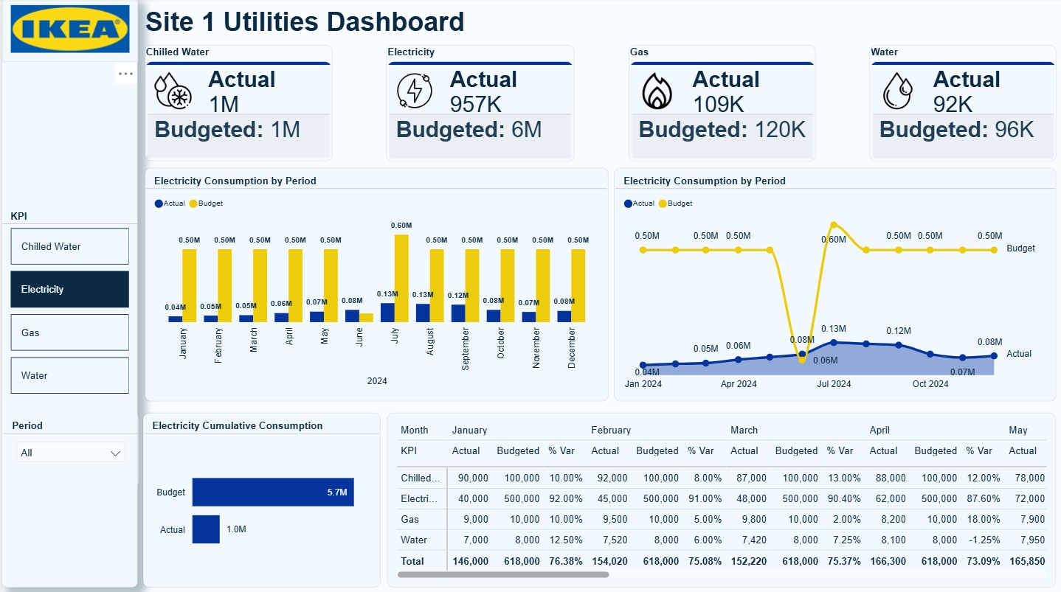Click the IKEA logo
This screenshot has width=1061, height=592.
pyautogui.click(x=70, y=29)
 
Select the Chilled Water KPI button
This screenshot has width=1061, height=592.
pyautogui.click(x=69, y=246)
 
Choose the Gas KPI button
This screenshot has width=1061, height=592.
pyautogui.click(x=69, y=332)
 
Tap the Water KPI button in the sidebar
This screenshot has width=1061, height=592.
pyautogui.click(x=69, y=375)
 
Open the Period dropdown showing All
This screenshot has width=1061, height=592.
pyautogui.click(x=70, y=453)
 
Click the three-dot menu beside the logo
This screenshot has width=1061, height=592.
pyautogui.click(x=125, y=74)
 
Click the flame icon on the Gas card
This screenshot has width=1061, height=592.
pyautogui.click(x=657, y=91)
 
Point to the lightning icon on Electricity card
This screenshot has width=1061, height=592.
pyautogui.click(x=415, y=91)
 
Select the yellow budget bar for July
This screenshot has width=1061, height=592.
pyautogui.click(x=401, y=278)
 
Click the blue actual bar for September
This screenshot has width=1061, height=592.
pyautogui.click(x=458, y=313)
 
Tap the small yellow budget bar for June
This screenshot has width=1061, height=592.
pyautogui.click(x=366, y=318)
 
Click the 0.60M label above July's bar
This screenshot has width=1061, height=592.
pyautogui.click(x=401, y=226)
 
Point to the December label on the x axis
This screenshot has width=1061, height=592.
pyautogui.click(x=572, y=349)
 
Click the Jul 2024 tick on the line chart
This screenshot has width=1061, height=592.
pyautogui.click(x=834, y=384)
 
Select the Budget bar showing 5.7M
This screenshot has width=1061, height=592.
pyautogui.click(x=273, y=492)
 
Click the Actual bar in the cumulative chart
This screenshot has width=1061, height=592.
pyautogui.click(x=206, y=529)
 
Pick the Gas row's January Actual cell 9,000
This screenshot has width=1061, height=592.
pyautogui.click(x=474, y=519)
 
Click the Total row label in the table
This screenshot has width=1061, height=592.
pyautogui.click(x=412, y=561)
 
